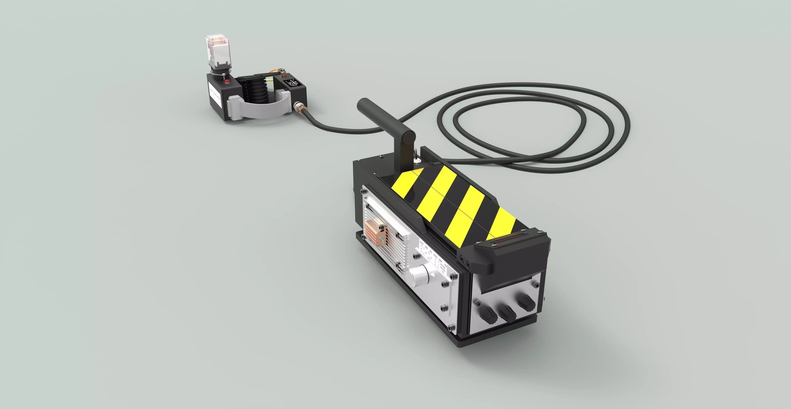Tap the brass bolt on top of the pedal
coord(283,73)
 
